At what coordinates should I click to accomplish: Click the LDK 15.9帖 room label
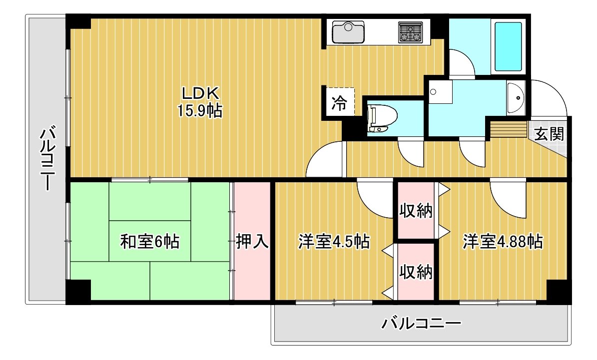click(199, 101)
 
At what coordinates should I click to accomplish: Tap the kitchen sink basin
click(348, 32)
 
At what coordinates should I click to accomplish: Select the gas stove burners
click(411, 32)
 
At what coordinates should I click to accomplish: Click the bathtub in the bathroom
click(508, 47)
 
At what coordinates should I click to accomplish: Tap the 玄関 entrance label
click(549, 134)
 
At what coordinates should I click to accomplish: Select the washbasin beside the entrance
click(516, 97)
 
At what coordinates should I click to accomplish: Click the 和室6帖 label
click(150, 241)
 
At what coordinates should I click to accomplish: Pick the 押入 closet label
click(252, 241)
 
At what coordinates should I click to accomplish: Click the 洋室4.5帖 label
click(334, 241)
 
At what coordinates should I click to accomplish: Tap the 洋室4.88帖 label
click(503, 241)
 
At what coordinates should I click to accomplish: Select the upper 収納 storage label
click(416, 210)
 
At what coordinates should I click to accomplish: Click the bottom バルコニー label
click(422, 324)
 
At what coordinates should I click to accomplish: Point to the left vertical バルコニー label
click(47, 159)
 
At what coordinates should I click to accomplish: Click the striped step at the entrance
click(509, 130)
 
